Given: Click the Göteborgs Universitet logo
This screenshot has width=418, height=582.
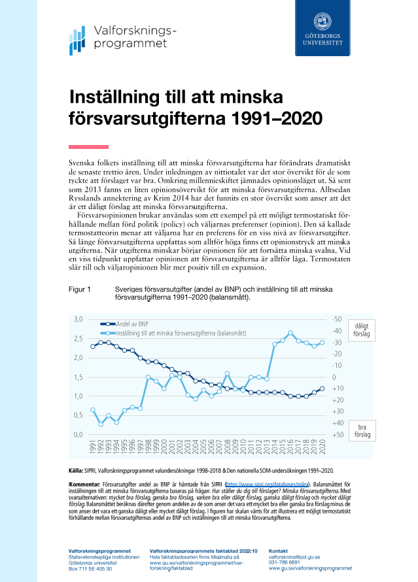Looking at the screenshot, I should click(x=322, y=31).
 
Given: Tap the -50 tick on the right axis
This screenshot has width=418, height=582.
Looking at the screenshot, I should click(x=338, y=319).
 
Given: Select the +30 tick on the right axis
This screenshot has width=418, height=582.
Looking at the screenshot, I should click(x=338, y=412).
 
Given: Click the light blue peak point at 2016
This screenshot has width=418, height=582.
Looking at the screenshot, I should click(x=290, y=333).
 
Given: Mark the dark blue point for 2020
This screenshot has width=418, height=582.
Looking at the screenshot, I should click(x=322, y=389).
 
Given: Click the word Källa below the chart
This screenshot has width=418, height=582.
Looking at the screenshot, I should click(x=76, y=470).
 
